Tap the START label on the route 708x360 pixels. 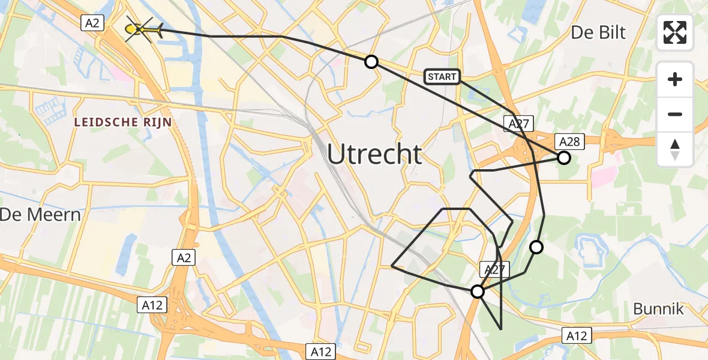click(442, 76)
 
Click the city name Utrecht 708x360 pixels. click(374, 155)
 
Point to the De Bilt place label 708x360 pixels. click(598, 32)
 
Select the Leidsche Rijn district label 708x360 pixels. click(123, 122)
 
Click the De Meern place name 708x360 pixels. click(40, 214)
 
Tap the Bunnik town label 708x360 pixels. click(658, 309)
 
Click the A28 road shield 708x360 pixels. click(569, 142)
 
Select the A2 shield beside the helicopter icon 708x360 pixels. click(93, 23)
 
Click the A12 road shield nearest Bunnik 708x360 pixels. click(577, 335)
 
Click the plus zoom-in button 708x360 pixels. click(675, 79)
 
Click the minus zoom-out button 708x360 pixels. click(675, 114)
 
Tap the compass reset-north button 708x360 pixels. click(675, 149)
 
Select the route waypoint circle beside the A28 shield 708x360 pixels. click(563, 158)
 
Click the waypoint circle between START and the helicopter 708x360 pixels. click(371, 61)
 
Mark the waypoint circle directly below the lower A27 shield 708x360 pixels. click(478, 292)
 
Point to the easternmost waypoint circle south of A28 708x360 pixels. click(536, 247)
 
